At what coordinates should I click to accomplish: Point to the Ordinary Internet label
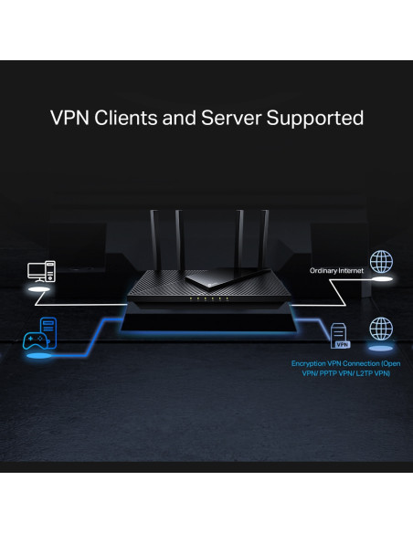coord(337,270)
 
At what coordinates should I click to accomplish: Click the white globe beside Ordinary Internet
coord(380,263)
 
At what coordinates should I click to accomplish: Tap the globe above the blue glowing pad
coord(380,329)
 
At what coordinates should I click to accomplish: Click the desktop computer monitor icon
coord(37,272)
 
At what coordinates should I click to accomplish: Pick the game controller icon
coord(34,340)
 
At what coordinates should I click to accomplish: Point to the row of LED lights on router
coord(206,298)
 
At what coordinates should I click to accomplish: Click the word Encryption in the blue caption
coord(310,363)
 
